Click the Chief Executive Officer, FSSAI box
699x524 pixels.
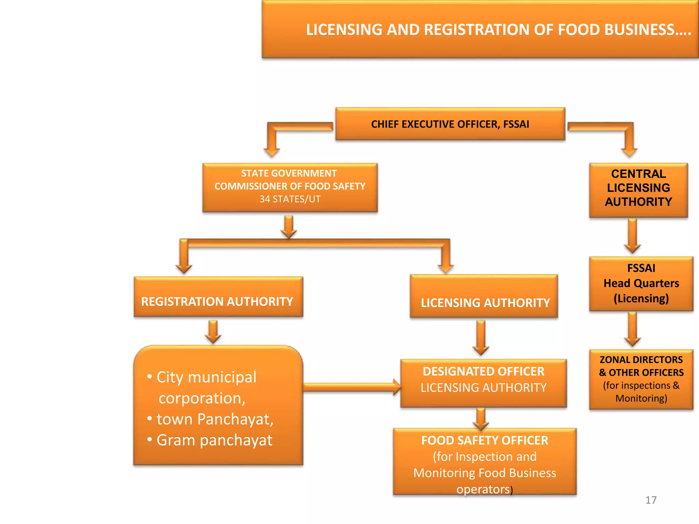[450, 124]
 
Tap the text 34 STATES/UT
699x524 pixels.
[290, 199]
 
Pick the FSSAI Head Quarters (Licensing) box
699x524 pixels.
[641, 283]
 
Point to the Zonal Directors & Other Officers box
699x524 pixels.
[641, 379]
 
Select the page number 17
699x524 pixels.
[651, 500]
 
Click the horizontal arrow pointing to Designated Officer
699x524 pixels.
[352, 387]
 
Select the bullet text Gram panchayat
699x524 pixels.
[214, 440]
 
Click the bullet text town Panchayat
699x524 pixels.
[215, 419]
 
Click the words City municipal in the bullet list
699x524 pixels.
[206, 377]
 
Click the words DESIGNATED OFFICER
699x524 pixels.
[483, 372]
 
